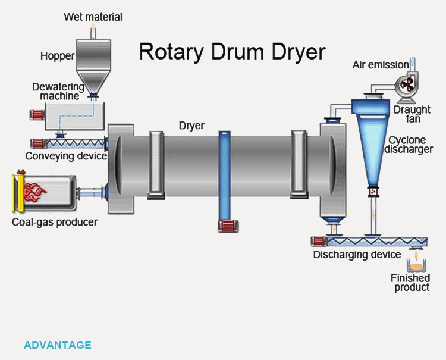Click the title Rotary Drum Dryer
(x=232, y=52)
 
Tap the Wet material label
(x=93, y=17)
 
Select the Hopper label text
(x=58, y=56)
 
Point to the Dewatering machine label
(x=58, y=91)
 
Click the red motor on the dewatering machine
(x=37, y=114)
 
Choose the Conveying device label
(x=65, y=156)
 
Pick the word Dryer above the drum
(x=191, y=126)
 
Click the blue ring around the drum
(x=224, y=176)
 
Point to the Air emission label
(x=381, y=64)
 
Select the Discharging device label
(x=357, y=255)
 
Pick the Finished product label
(x=410, y=283)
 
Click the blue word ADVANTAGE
(x=58, y=345)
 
